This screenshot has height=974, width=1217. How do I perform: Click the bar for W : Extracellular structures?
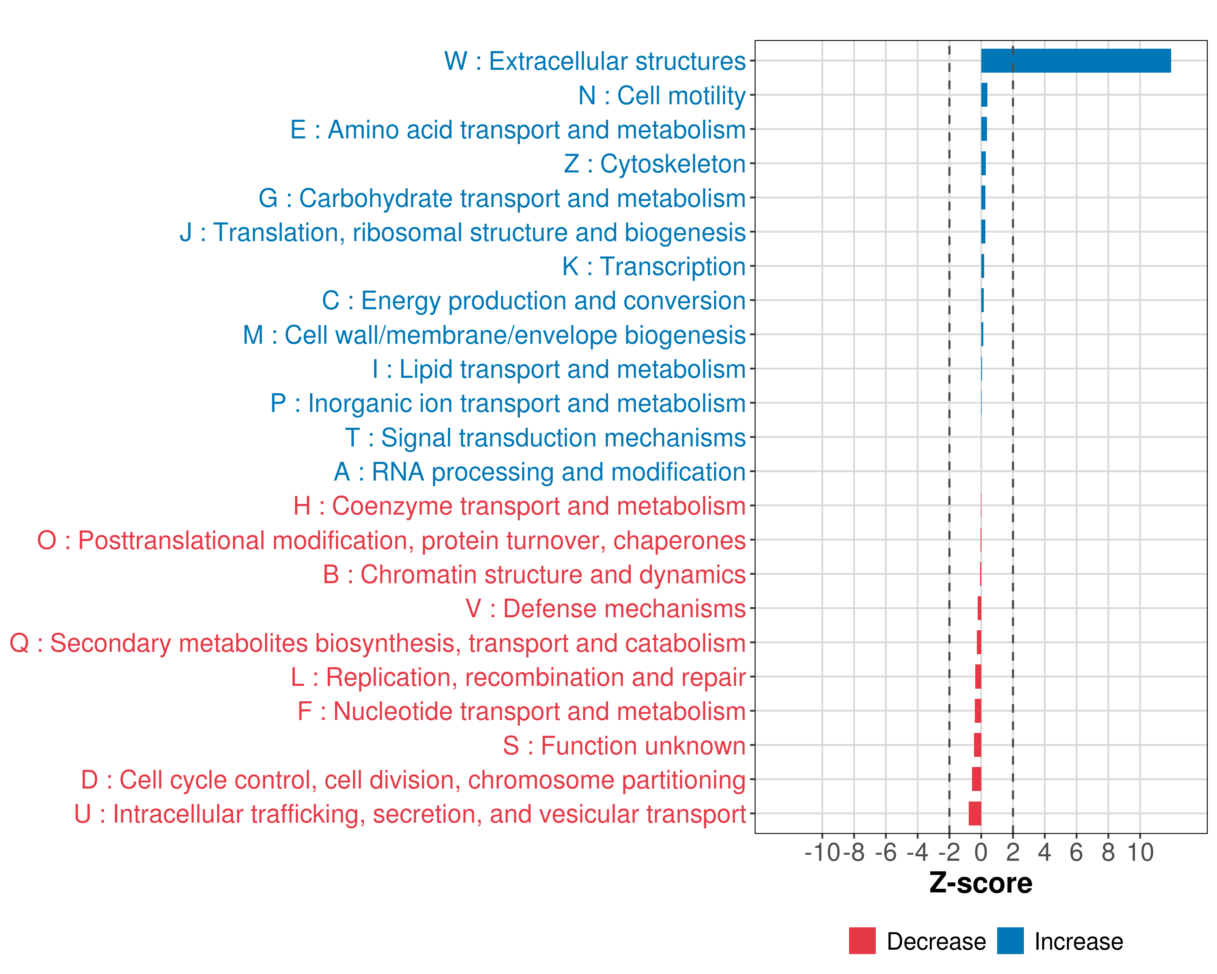(x=1075, y=61)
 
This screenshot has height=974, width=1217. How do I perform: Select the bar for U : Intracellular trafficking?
(x=975, y=814)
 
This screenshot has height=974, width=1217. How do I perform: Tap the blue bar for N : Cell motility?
(x=984, y=95)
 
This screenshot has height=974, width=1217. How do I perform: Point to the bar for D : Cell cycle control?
(x=976, y=779)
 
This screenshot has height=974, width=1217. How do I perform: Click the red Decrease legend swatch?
(x=862, y=941)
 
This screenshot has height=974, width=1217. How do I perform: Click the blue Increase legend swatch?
(x=1010, y=941)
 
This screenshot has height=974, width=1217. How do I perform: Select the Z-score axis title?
(x=980, y=883)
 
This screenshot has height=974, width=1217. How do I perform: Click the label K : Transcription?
(x=654, y=267)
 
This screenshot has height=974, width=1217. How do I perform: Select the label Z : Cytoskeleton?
(x=655, y=164)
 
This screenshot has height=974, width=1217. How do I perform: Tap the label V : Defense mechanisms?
(x=606, y=609)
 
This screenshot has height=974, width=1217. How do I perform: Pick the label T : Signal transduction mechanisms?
(x=545, y=437)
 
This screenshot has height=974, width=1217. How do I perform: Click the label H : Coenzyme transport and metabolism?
(x=519, y=506)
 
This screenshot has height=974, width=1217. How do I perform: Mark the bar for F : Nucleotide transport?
(x=978, y=711)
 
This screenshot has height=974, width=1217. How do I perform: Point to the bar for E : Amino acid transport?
(x=984, y=129)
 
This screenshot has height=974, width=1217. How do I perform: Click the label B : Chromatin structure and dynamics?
(x=534, y=574)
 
